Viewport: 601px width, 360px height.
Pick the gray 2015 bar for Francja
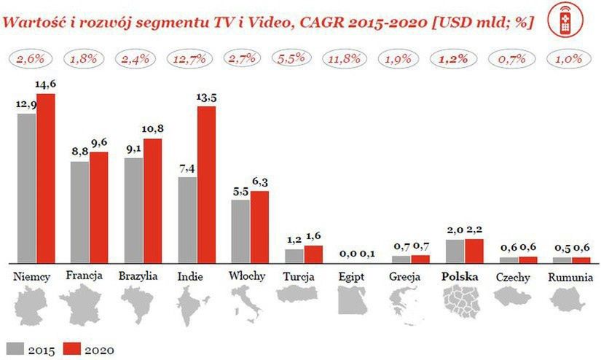tap(80, 211)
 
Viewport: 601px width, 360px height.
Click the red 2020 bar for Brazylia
tap(153, 200)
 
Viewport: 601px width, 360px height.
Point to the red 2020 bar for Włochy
tap(260, 226)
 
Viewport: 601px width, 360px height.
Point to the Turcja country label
tap(296, 277)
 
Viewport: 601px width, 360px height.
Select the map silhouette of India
tap(191, 304)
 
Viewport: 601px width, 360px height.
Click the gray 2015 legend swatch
tap(13, 348)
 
